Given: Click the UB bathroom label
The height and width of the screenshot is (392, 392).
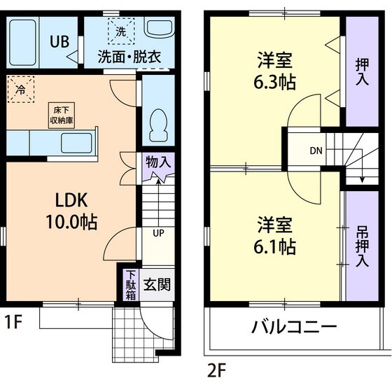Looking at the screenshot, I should tap(58, 41).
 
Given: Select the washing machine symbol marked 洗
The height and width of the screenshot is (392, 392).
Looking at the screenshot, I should tap(121, 31).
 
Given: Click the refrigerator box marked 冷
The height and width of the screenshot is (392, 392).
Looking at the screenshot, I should tap(20, 90).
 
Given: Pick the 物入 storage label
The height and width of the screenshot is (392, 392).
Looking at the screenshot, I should tap(157, 162).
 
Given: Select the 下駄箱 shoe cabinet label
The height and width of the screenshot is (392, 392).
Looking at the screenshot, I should tap(130, 285).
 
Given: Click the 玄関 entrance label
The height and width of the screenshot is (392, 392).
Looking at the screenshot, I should tap(156, 285).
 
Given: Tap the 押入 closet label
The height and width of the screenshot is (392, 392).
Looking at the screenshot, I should tap(362, 72).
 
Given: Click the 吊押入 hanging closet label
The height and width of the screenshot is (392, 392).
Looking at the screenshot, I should tap(362, 246).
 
